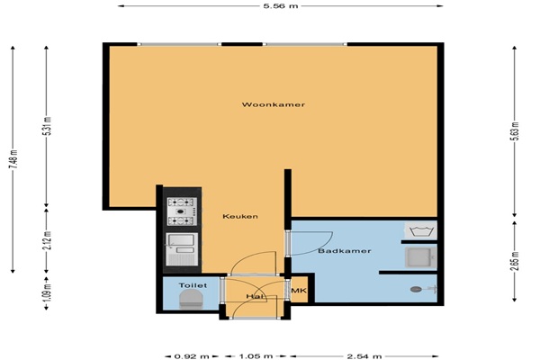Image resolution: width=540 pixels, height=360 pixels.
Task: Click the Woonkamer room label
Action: coord(274,104)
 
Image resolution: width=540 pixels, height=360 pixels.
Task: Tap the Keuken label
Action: coord(240,216)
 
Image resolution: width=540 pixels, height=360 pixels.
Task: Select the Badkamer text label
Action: coord(345,251)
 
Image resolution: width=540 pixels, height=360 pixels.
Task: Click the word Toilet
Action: coord(193,285)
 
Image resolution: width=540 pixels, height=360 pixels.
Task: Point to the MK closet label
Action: coord(299,291)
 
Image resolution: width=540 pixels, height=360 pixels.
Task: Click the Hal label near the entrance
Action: coord(255,296)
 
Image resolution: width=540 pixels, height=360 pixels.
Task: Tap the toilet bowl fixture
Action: coord(191,299)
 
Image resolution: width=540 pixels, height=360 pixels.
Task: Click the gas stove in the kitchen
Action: coord(182,211)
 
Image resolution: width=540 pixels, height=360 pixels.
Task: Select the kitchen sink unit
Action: coord(182,249)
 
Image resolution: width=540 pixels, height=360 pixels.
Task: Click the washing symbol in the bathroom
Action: coord(420,230)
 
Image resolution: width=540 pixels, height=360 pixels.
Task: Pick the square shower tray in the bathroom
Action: coord(420,257)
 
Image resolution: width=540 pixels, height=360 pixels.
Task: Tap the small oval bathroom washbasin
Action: coord(416,290)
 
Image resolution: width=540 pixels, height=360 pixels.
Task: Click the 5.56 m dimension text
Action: coord(281,6)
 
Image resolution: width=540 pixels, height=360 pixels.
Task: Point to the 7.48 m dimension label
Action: coord(13,159)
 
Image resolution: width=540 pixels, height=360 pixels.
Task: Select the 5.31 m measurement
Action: coord(47,126)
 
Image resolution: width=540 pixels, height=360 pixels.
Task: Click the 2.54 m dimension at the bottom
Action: coord(364,356)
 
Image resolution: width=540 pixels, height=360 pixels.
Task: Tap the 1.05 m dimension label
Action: coord(256,356)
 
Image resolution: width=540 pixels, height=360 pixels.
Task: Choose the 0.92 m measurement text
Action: coord(192,356)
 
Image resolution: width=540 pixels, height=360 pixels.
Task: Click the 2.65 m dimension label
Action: coord(514,261)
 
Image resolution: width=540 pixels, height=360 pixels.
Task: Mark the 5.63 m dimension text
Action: coord(514,131)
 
